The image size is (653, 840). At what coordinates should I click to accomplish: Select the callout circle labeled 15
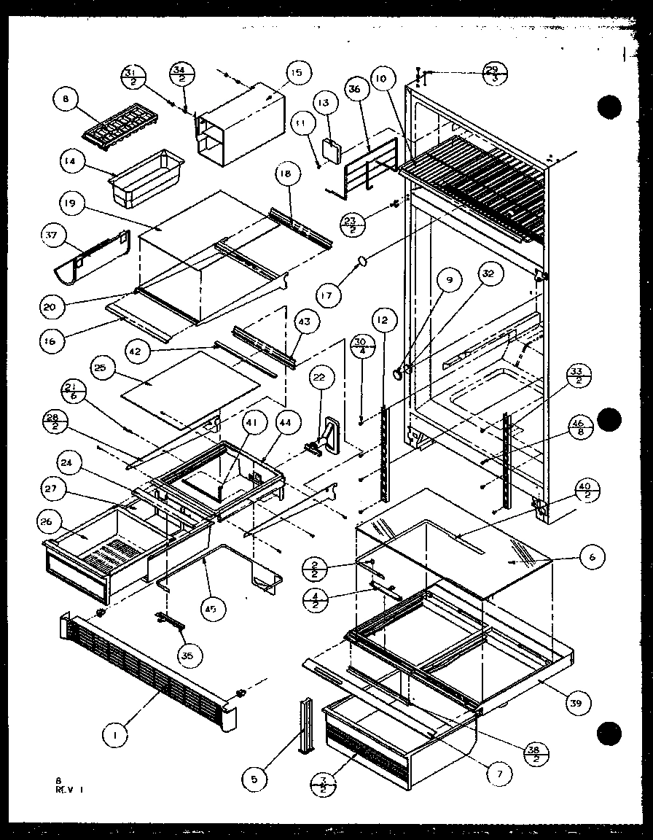296,73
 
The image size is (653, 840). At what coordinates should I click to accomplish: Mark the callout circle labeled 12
382,318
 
